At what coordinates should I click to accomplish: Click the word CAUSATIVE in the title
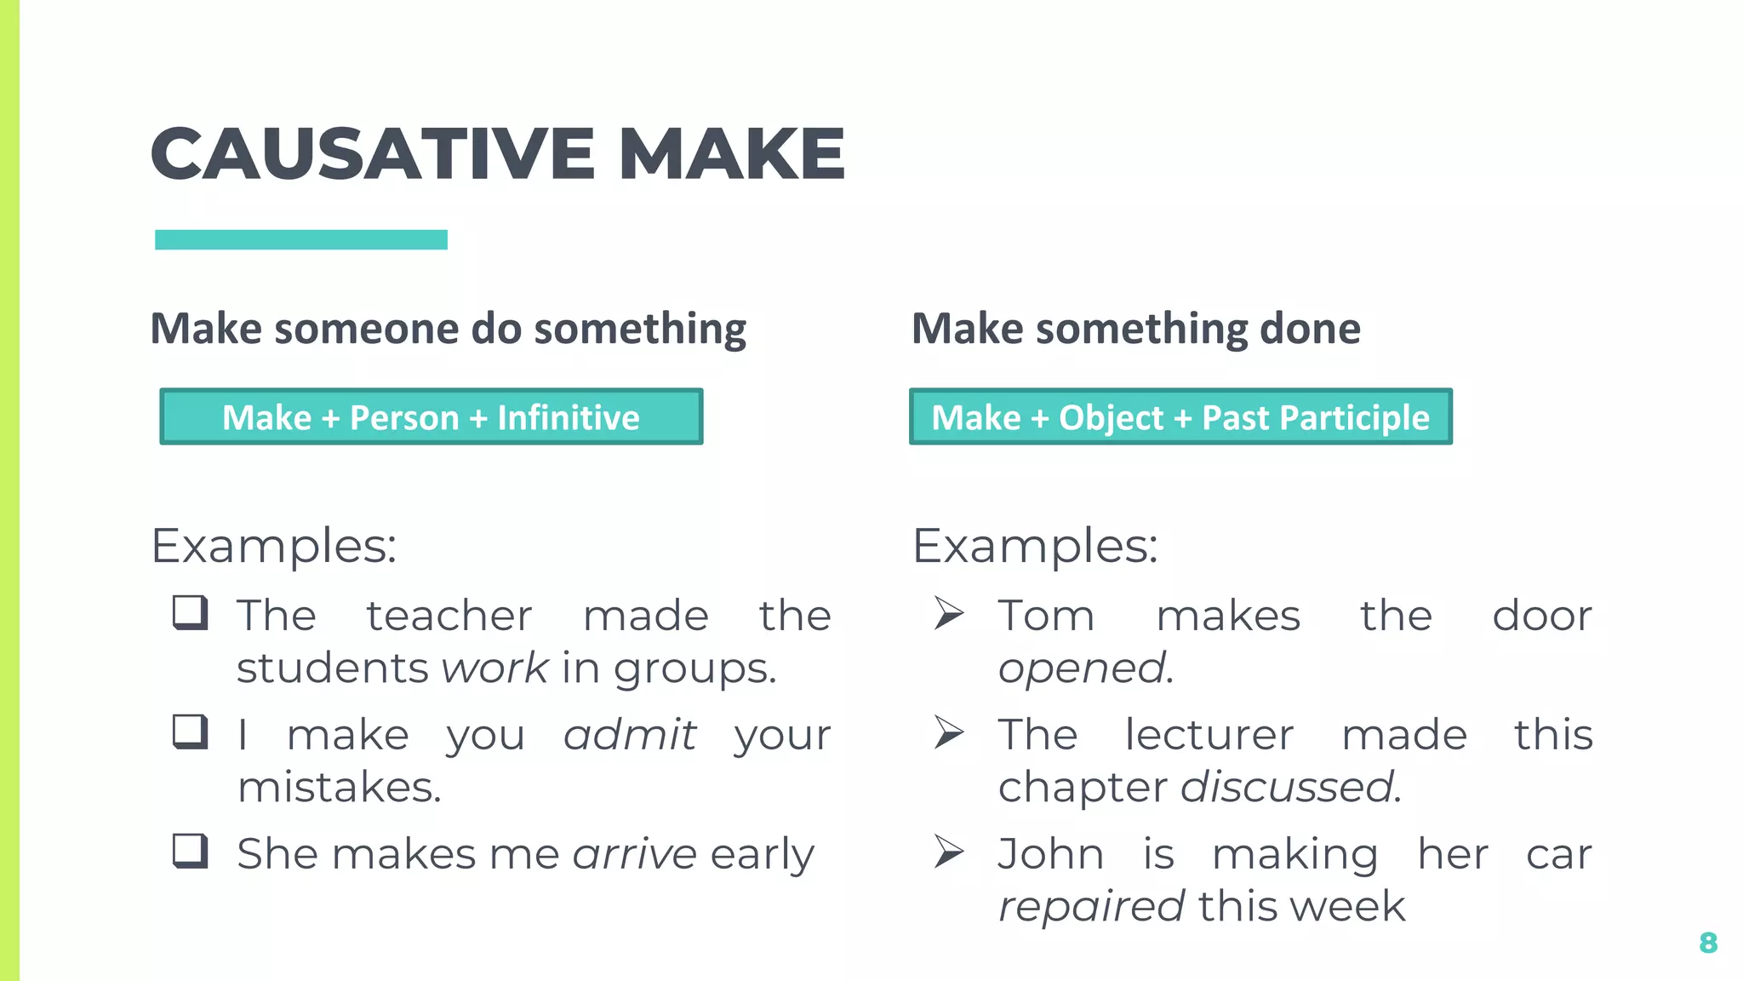[x=372, y=154]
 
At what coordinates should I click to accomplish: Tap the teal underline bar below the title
[x=301, y=240]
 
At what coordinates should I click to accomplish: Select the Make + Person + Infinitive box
[x=431, y=417]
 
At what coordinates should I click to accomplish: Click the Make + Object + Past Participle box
[x=1180, y=417]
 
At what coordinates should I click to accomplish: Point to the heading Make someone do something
[x=449, y=329]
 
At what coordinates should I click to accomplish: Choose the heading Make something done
[x=1136, y=329]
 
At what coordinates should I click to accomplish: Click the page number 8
[x=1707, y=943]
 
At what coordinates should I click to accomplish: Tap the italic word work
[x=494, y=668]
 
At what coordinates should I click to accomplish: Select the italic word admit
[x=630, y=735]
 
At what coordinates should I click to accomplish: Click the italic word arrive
[x=635, y=854]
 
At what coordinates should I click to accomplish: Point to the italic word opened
[x=1085, y=668]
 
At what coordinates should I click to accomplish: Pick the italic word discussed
[x=1289, y=787]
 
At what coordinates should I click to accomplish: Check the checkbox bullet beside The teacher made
[x=190, y=612]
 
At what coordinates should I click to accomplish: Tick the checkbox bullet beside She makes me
[x=190, y=851]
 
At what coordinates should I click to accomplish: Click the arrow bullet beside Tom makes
[x=948, y=613]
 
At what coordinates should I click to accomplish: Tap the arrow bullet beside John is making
[x=948, y=852]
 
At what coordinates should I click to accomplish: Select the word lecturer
[x=1209, y=735]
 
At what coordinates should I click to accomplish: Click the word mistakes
[x=339, y=787]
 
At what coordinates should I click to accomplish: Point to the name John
[x=1051, y=854]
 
